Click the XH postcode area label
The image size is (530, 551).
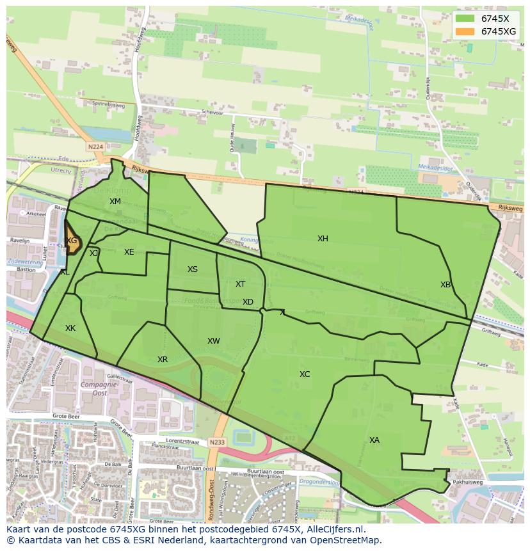pos(323,239)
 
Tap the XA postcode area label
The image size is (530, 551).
pos(374,440)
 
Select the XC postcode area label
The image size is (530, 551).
pos(305,374)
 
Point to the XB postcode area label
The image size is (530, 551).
pos(446,285)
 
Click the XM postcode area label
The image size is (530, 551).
pos(115,202)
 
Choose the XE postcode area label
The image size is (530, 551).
pos(129,252)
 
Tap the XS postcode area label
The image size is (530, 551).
pos(193,269)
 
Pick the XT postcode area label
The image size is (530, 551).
pos(240,284)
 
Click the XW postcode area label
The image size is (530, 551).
pos(214,341)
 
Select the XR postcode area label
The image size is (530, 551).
pos(163,360)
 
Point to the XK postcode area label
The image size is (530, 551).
pos(70,328)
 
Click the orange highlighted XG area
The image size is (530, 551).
pos(72,242)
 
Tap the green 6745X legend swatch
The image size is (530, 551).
pos(465,19)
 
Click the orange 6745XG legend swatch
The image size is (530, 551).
pos(465,31)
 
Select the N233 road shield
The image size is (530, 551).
pos(218,442)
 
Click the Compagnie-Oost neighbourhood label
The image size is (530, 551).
pos(94,389)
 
